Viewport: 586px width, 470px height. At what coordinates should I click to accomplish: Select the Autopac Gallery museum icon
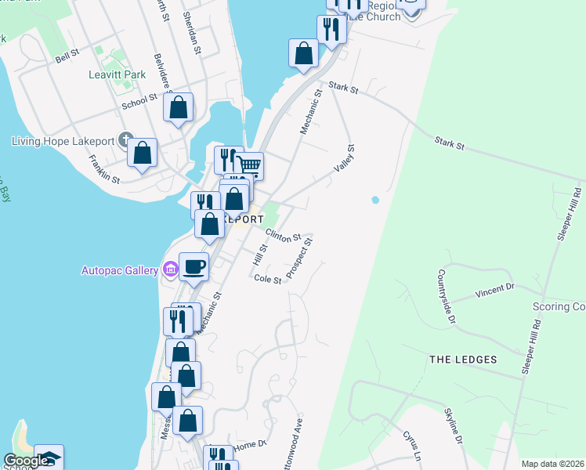[170, 270]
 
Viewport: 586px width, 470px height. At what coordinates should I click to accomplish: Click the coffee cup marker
[194, 267]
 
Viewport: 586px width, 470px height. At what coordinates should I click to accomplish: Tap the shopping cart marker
[249, 166]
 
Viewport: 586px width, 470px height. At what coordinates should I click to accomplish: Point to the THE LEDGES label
[463, 360]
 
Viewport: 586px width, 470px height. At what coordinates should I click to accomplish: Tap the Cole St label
[267, 279]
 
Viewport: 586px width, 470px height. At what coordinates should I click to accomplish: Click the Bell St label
[67, 55]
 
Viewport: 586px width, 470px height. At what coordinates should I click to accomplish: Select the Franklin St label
[103, 168]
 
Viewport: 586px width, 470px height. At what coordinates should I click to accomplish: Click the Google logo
[25, 461]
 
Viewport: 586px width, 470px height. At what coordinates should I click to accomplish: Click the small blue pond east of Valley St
[375, 200]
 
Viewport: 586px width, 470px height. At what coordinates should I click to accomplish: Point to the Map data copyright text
[553, 464]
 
